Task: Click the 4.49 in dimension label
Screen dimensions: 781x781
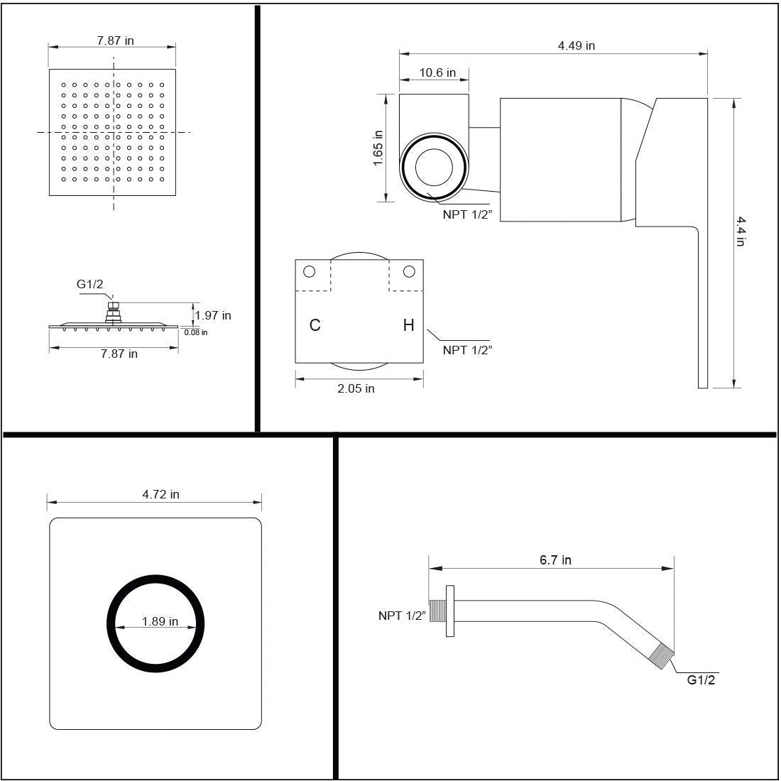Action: (x=576, y=45)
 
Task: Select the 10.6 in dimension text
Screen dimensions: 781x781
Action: (x=437, y=72)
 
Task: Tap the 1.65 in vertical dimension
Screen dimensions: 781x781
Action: (x=378, y=148)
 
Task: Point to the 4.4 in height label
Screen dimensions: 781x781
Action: (x=740, y=231)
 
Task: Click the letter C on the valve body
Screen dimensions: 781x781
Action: (x=315, y=325)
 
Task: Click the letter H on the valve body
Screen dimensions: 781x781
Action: (x=408, y=325)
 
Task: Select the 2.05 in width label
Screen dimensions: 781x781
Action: (x=356, y=388)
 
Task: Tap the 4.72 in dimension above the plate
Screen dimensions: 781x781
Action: (x=160, y=494)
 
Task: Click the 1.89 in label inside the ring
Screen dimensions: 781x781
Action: (x=160, y=621)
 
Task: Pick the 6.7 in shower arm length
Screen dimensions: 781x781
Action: (x=555, y=560)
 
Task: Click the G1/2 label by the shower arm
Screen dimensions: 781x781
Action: (x=701, y=680)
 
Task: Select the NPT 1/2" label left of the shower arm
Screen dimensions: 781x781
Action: (x=401, y=616)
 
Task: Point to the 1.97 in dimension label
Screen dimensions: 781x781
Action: (x=213, y=315)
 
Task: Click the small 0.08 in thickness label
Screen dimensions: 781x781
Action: (x=196, y=332)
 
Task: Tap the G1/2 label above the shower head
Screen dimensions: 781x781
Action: (x=90, y=284)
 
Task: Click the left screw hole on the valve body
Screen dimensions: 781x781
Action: (x=309, y=271)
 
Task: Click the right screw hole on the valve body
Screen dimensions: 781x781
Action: (x=408, y=271)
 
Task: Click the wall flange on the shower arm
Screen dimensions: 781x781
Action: (x=450, y=611)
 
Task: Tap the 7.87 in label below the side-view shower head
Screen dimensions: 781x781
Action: (x=119, y=354)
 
